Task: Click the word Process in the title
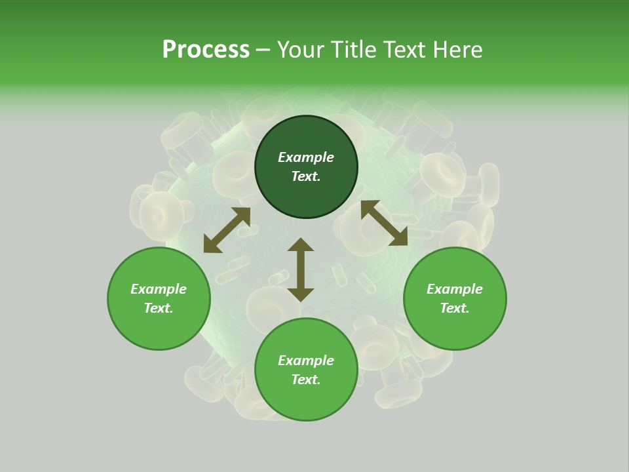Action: click(x=206, y=50)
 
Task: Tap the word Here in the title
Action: click(x=458, y=50)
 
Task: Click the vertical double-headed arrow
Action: click(x=301, y=269)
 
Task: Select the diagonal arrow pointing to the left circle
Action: click(x=227, y=230)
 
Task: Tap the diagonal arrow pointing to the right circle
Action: click(x=384, y=223)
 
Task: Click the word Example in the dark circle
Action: click(x=306, y=157)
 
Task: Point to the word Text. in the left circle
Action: click(x=159, y=308)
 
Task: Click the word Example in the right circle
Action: click(x=455, y=289)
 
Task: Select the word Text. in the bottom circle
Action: click(x=306, y=380)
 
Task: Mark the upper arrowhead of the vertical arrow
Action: click(x=301, y=245)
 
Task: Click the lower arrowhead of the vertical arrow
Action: click(x=301, y=294)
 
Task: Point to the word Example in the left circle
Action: click(x=159, y=289)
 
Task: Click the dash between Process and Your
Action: click(x=263, y=50)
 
